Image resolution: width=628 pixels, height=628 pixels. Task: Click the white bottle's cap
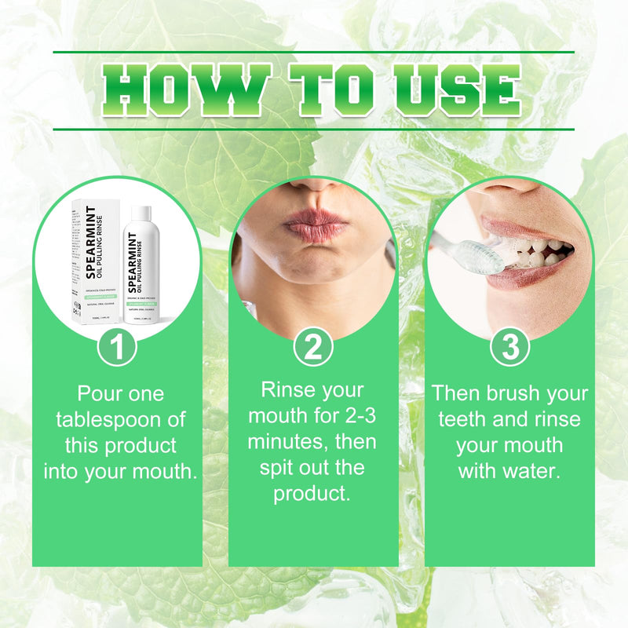tap(141, 213)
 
